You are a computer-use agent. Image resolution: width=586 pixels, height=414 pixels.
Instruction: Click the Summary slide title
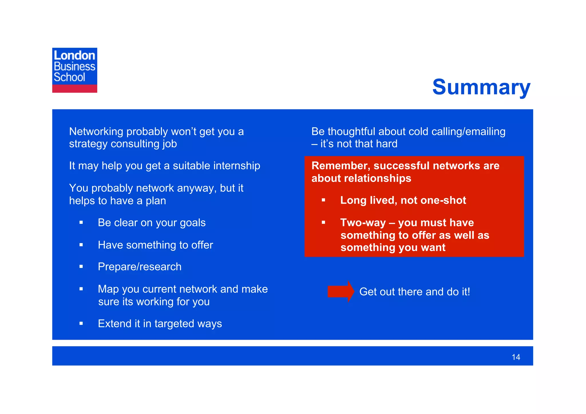coord(481,87)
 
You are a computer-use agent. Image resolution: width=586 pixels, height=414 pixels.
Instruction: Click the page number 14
coord(516,357)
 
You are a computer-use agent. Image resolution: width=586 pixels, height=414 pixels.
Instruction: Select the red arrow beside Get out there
coord(340,292)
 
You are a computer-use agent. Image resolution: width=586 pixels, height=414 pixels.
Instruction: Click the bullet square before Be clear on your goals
coord(81,222)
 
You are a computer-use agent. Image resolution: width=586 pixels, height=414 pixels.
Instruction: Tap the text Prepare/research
coord(140,267)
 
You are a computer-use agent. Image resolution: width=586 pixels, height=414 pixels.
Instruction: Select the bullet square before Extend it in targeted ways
coord(81,324)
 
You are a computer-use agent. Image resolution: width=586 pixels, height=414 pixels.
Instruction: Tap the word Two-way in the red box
coord(363,223)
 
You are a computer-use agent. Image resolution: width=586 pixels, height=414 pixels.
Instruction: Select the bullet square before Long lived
coord(323,200)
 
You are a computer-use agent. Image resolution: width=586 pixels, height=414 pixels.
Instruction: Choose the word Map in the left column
coord(108,289)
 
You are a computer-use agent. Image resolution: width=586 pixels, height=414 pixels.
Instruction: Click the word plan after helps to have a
coord(156,201)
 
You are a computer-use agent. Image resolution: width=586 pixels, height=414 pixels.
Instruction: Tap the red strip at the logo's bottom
coord(75,89)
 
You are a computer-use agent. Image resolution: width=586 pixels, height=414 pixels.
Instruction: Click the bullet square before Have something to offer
coord(81,245)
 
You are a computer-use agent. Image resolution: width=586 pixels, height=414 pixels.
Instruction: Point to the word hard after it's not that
coord(387,144)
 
